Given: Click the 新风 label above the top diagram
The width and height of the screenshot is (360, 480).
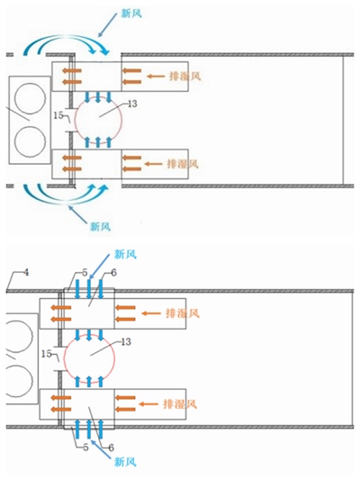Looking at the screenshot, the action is [131, 14].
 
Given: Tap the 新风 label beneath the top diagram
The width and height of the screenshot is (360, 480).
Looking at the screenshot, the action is [100, 227].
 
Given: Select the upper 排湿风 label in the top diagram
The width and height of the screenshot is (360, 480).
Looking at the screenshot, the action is [185, 77].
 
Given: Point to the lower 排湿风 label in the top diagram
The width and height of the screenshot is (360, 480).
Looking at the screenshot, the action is [183, 164].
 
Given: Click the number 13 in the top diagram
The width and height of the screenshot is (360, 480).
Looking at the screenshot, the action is [132, 104].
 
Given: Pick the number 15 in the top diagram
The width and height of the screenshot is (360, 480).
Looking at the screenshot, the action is [58, 115].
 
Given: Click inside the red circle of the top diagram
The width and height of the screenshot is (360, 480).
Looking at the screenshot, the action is [98, 117].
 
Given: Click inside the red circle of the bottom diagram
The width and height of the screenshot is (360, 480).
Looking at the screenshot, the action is [89, 357].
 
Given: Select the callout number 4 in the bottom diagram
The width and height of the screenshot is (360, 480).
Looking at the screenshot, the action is [26, 273].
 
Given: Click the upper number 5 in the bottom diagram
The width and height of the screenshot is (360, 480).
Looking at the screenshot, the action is [85, 273].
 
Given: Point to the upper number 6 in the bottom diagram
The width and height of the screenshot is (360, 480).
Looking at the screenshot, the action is [113, 273].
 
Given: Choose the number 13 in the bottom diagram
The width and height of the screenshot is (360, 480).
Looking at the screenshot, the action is [126, 341].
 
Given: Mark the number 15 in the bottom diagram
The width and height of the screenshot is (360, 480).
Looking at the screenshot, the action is [47, 354].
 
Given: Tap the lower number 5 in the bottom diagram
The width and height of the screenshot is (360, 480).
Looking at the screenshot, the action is [85, 448].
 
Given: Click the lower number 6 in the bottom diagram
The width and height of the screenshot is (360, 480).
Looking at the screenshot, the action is [111, 448].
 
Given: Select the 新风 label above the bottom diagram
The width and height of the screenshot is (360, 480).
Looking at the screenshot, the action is [125, 254].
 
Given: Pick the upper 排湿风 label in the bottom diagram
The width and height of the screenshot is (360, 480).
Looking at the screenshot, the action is [183, 313].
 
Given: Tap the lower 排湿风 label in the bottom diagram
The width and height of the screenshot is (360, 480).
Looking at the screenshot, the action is [180, 404].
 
